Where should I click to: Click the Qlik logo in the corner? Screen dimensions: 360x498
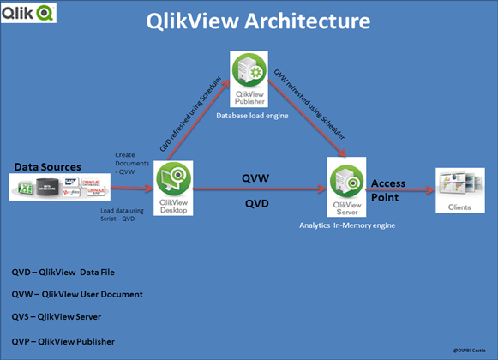(30, 12)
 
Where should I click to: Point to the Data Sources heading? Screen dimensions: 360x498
(47, 165)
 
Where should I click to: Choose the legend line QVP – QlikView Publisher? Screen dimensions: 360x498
(75, 342)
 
